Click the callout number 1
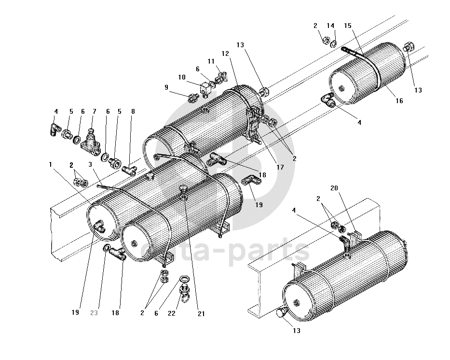tap(51, 164)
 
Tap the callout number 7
tap(95, 111)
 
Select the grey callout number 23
tap(94, 313)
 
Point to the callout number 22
tap(172, 313)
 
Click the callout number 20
tap(334, 188)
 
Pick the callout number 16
tap(399, 101)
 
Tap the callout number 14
tap(330, 26)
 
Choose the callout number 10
tap(182, 77)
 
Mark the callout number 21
tap(201, 314)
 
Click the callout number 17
tap(280, 167)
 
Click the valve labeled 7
tap(90, 141)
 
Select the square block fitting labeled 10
tap(206, 89)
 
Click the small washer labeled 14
tap(333, 44)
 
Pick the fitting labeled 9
tap(193, 98)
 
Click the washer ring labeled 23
tap(106, 248)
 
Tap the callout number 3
tap(90, 164)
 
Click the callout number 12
tap(225, 53)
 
